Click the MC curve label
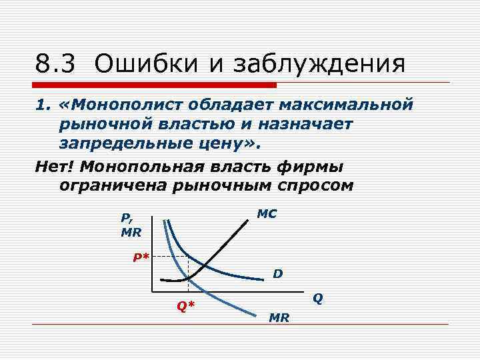pyautogui.click(x=267, y=215)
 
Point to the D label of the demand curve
pyautogui.click(x=277, y=274)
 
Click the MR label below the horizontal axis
pyautogui.click(x=279, y=318)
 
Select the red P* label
pyautogui.click(x=140, y=257)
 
